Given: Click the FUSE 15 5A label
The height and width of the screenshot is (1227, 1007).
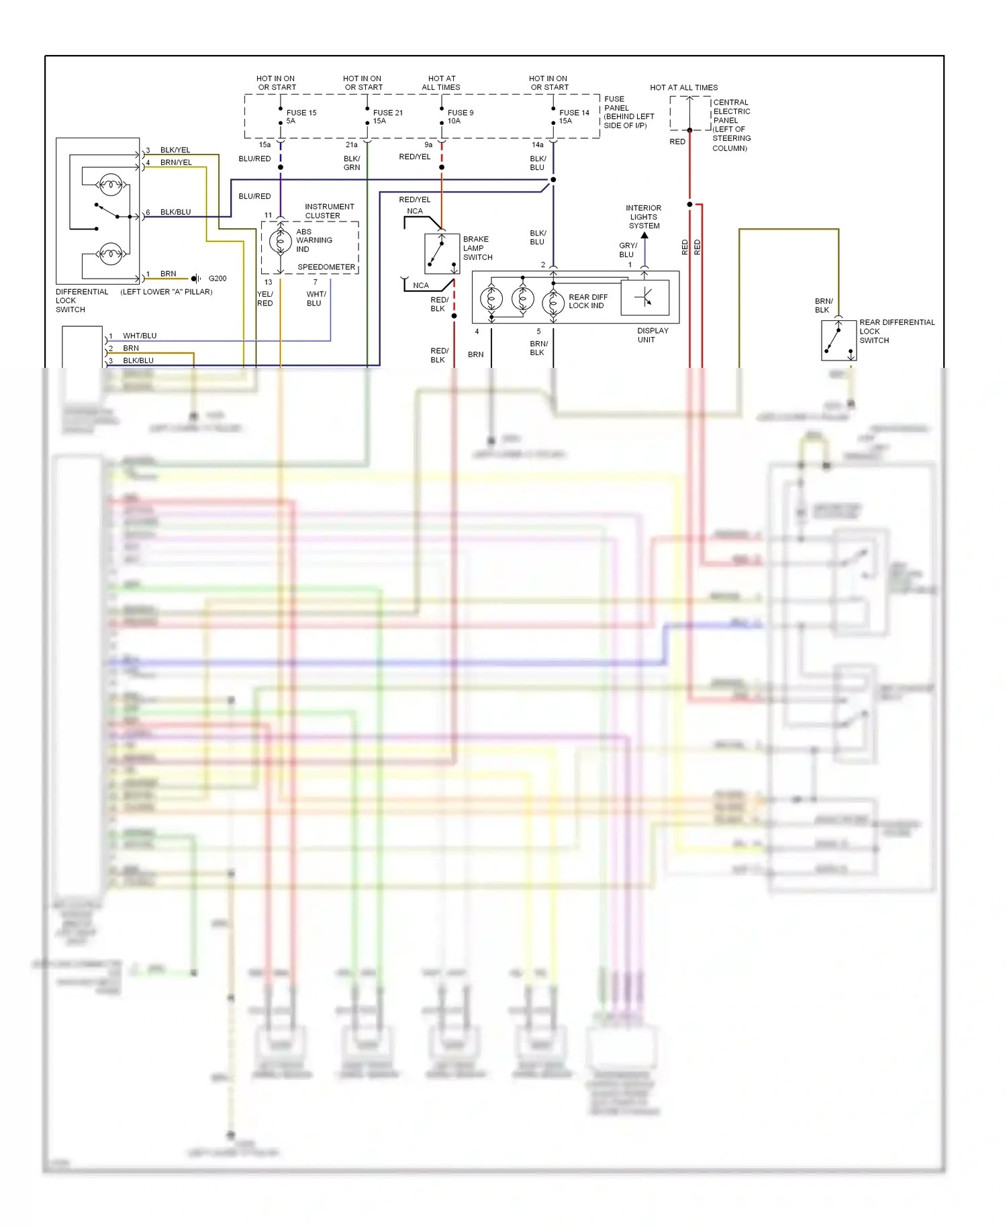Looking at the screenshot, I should click(x=301, y=117).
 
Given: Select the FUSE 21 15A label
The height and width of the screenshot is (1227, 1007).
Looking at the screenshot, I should click(x=387, y=117).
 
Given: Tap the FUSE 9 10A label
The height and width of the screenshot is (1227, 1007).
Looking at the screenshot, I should click(x=460, y=117).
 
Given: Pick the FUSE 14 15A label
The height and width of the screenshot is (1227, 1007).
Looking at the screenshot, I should click(x=573, y=117).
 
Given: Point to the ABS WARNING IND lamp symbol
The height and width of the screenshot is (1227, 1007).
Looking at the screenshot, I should click(x=280, y=241).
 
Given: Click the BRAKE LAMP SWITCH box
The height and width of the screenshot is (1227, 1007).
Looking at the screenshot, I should click(x=442, y=254).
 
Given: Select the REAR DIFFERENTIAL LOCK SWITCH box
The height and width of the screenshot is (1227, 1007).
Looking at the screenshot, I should click(x=838, y=340).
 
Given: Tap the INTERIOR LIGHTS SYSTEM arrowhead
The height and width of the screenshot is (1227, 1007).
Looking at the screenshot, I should click(x=644, y=236).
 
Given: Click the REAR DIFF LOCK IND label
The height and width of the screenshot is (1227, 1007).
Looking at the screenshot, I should click(x=587, y=301).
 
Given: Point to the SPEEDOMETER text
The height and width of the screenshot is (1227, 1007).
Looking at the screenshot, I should click(x=326, y=267).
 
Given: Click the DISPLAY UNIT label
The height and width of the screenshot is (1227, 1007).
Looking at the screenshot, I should click(x=652, y=335).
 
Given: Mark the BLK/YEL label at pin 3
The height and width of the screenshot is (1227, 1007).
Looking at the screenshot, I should click(x=175, y=150).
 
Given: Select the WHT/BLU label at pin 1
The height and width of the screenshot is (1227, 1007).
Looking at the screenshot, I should click(x=140, y=336).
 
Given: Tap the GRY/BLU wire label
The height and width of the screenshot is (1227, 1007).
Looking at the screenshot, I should click(x=628, y=250).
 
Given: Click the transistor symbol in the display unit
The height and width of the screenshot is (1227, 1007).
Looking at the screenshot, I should click(x=644, y=297).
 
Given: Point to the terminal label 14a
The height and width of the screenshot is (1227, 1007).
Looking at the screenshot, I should click(x=537, y=145).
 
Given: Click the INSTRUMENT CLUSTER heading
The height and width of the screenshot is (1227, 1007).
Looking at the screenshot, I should click(x=329, y=211).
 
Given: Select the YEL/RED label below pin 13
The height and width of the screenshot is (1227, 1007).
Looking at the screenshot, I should click(x=265, y=299).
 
